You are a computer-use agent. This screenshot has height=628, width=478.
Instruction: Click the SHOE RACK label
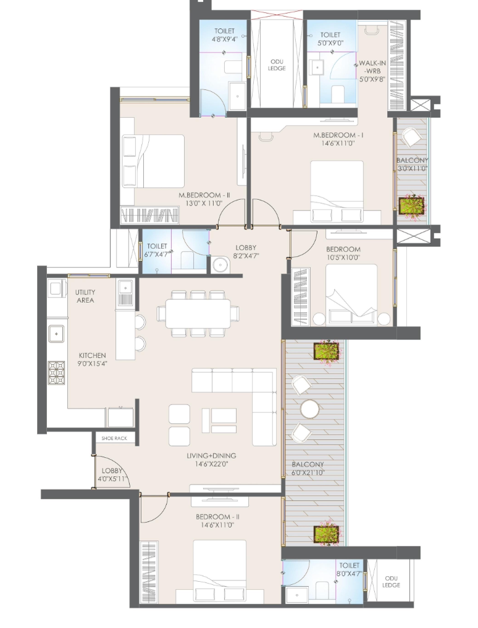point(114,439)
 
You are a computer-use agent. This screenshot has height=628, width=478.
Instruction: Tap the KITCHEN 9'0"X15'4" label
point(93,360)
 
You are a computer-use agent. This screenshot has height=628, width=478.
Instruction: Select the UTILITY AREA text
point(85,296)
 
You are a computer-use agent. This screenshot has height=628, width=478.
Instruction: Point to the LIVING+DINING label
point(211,456)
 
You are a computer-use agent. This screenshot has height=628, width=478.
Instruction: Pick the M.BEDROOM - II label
point(204,195)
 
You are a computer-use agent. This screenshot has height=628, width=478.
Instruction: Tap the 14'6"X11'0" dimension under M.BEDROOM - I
point(335,143)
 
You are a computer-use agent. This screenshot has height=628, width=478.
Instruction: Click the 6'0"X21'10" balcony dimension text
point(308,473)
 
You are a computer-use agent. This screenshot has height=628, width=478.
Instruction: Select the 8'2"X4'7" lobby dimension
point(246,256)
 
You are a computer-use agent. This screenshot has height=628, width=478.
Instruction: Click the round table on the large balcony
point(310,410)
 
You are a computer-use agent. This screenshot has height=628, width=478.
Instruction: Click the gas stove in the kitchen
point(56,373)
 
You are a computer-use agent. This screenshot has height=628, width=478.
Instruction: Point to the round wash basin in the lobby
point(220,265)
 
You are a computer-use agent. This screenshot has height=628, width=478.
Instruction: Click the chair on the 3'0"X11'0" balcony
point(412,138)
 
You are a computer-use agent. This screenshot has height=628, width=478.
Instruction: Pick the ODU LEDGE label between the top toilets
point(277,65)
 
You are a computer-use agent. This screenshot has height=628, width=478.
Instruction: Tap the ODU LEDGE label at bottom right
point(391,582)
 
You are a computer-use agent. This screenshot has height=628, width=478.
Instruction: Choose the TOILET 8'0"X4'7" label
point(349,569)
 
